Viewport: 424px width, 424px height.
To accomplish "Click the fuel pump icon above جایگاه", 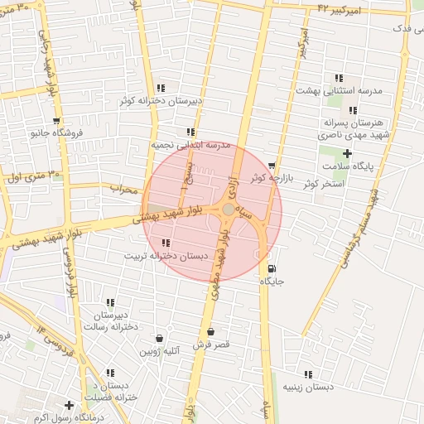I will coord(272,267).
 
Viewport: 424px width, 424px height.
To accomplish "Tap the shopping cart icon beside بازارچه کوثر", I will coord(272,166).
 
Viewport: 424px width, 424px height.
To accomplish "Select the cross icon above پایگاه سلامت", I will coord(347,153).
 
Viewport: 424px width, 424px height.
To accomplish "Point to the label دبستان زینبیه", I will coord(308,388).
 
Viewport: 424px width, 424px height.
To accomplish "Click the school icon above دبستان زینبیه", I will coord(309,374).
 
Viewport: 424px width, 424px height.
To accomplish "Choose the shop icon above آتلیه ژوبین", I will coord(160,339).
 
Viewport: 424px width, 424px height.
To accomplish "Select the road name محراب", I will coord(123,189).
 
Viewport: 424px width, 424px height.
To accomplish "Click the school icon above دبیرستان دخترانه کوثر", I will coord(160,87).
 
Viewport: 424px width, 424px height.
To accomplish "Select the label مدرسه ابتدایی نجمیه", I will coord(189,144).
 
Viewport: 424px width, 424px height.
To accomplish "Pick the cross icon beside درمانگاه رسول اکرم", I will coord(69,405).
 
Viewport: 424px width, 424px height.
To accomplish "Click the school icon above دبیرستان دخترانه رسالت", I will coord(110,302).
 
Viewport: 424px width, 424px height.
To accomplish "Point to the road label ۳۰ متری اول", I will coord(33,176).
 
